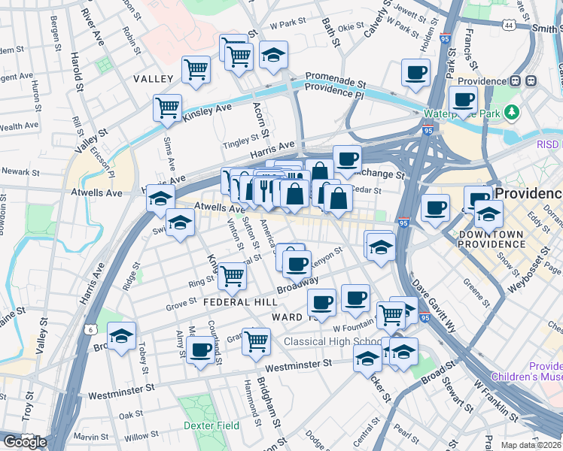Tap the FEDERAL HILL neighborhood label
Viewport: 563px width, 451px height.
click(x=235, y=301)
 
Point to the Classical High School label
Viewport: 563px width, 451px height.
click(x=331, y=342)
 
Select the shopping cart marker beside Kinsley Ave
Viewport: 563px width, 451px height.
click(x=167, y=107)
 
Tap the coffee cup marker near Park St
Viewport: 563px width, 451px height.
click(x=415, y=73)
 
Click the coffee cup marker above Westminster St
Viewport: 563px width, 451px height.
click(x=200, y=350)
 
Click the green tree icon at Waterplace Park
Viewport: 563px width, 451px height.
click(x=513, y=113)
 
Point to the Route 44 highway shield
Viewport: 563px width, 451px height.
click(x=510, y=26)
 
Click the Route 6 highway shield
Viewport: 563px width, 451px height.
click(x=91, y=329)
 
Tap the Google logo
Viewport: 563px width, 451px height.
click(x=25, y=442)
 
